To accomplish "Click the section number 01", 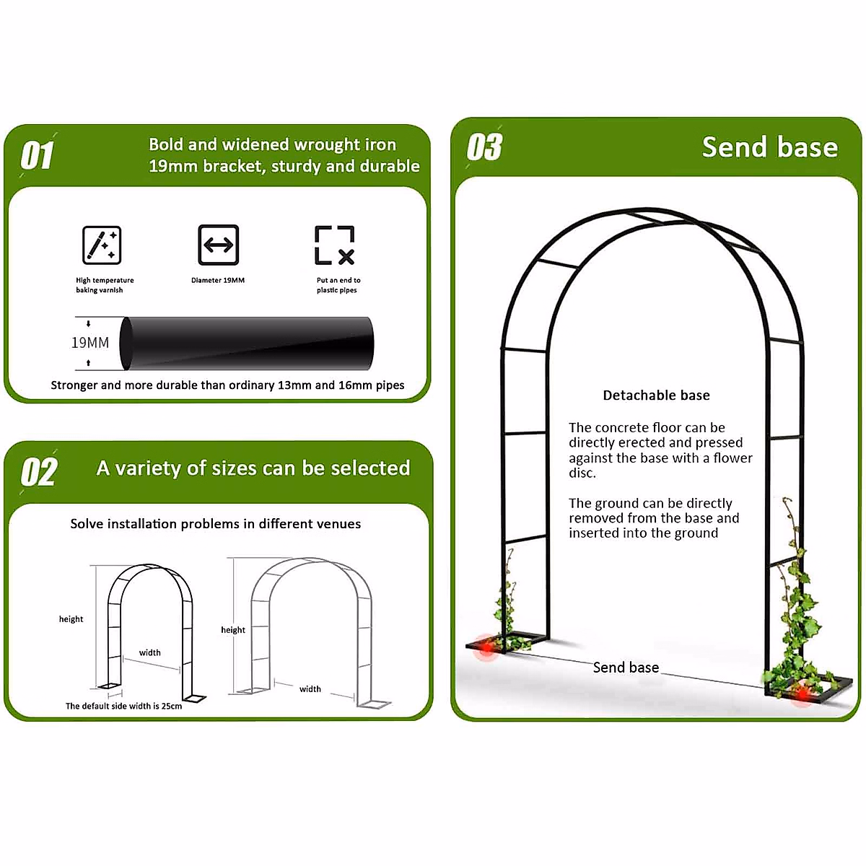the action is point(38,155).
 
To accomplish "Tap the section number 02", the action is point(39,472).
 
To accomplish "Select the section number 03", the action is point(484,147).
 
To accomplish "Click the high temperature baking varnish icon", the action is point(102,245).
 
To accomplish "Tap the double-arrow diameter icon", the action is point(218,245).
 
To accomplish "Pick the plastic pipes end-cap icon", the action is point(335,245).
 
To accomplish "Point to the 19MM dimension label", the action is point(90,343).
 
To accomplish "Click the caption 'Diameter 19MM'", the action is point(218,280).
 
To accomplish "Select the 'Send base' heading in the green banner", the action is point(769,147).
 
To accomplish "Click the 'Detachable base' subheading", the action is point(656,395).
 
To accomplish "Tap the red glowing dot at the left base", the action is point(487,647).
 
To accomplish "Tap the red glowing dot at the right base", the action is point(801,694).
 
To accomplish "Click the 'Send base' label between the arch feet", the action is point(626,668).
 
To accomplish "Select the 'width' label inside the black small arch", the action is point(150,652).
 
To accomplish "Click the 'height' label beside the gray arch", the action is point(233,630).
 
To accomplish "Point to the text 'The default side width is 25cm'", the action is point(124,706).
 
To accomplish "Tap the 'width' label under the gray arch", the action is point(310,689).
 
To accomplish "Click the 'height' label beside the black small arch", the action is point(71,619).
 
